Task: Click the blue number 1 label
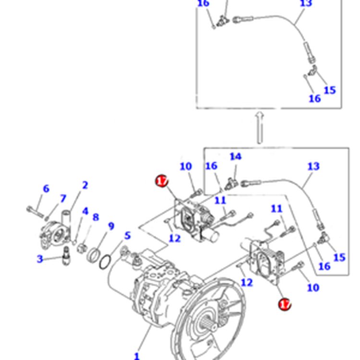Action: [137, 356]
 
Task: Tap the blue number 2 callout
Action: [85, 185]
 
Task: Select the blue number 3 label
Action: [40, 259]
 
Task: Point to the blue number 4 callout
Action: [85, 211]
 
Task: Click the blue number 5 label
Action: [127, 236]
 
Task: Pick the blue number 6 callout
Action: [46, 189]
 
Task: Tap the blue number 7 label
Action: [63, 199]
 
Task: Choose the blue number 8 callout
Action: [96, 217]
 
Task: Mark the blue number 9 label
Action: [111, 226]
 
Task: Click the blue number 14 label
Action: [236, 156]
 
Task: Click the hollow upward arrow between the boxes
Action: [260, 128]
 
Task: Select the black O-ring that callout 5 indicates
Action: [105, 262]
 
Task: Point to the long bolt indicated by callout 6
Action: [35, 212]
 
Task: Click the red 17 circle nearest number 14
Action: [162, 181]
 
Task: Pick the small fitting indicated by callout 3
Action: [66, 256]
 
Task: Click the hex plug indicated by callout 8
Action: [82, 248]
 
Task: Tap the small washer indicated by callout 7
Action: [47, 217]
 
